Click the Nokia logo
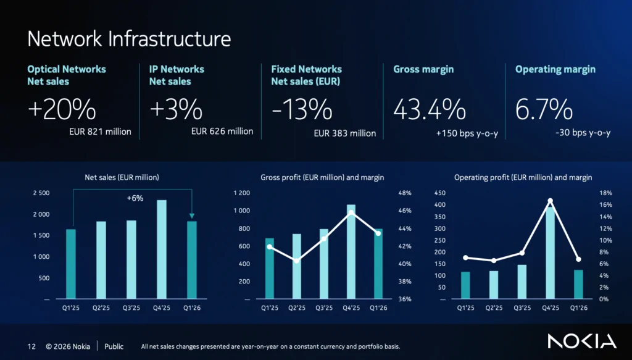click(x=582, y=341)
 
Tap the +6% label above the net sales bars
click(x=135, y=198)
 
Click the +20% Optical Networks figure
click(x=62, y=110)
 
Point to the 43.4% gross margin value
click(x=430, y=110)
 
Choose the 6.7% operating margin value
click(x=544, y=110)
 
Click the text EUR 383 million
click(x=345, y=133)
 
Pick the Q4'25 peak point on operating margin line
click(x=550, y=201)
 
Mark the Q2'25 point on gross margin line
click(x=297, y=261)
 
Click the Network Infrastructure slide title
click(x=129, y=39)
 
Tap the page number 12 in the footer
click(x=31, y=346)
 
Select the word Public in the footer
click(x=114, y=346)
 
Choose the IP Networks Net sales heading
click(x=177, y=75)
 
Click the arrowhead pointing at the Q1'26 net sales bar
click(x=192, y=216)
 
